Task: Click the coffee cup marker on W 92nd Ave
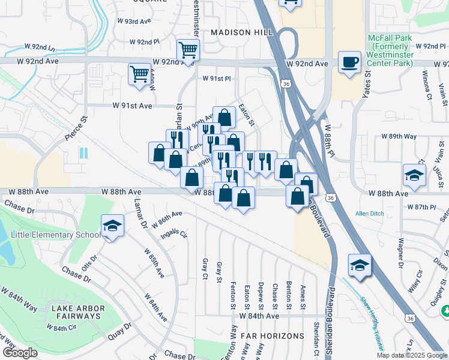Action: (349, 62)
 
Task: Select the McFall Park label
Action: (390, 50)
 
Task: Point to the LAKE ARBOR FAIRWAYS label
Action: (78, 313)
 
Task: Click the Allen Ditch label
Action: (369, 214)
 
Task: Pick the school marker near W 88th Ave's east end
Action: (414, 175)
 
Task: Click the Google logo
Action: (20, 353)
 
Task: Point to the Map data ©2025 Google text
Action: (411, 355)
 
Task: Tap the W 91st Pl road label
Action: (216, 79)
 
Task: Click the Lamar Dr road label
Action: (140, 215)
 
